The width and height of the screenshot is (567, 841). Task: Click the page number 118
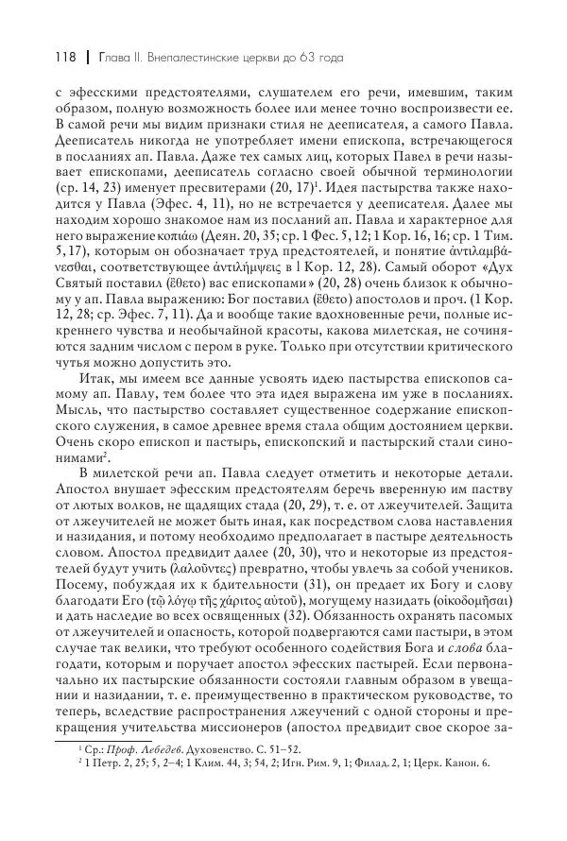[58, 58]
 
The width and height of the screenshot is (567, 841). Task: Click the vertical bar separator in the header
[85, 58]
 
